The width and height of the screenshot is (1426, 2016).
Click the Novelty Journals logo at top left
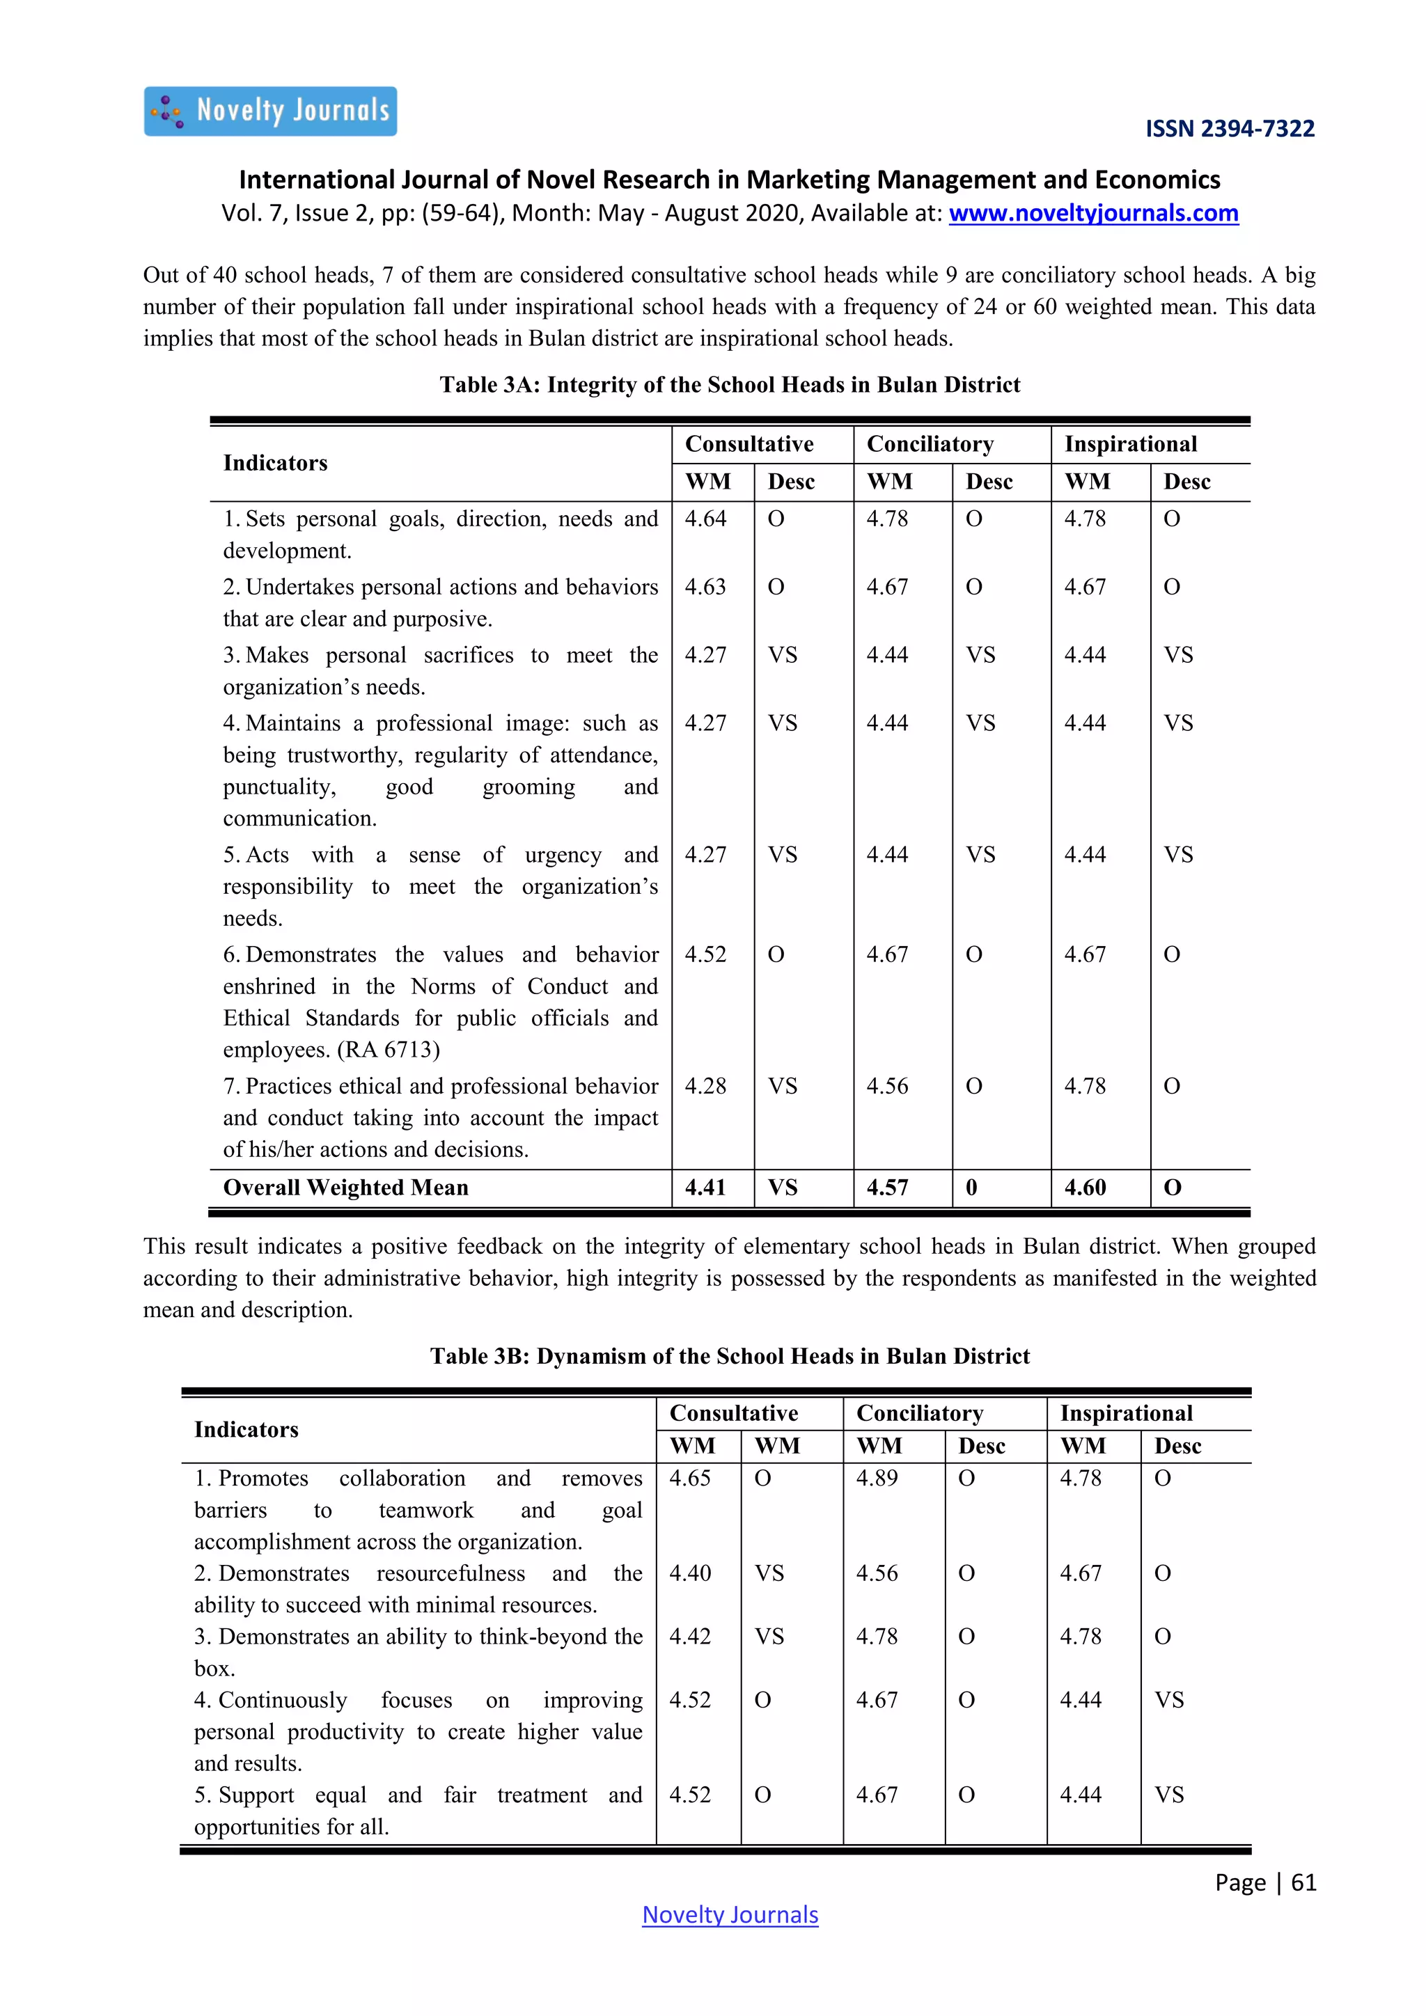coord(270,111)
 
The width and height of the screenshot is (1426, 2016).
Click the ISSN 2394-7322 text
coord(1230,129)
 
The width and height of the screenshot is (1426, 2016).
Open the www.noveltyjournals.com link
coord(1093,214)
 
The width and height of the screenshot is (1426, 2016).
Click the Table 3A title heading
coord(730,384)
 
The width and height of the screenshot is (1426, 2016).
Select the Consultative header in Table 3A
coord(749,444)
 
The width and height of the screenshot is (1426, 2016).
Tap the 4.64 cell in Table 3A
coord(705,519)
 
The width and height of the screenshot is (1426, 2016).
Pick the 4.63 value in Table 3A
coord(705,587)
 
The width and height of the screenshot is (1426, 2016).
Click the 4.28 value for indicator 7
coord(705,1086)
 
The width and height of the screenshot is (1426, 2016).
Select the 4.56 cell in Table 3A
coord(887,1086)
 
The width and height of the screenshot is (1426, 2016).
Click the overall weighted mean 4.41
coord(705,1188)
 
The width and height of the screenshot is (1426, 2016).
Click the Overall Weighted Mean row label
coord(346,1188)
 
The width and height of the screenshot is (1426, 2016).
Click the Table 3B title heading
coord(730,1357)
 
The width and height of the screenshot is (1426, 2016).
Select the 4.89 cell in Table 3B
coord(877,1479)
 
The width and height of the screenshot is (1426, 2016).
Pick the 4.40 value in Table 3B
coord(690,1573)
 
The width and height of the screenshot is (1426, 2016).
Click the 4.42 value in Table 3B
coord(690,1637)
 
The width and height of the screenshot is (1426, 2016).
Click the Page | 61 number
coord(1264,1882)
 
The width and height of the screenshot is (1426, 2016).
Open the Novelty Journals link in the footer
coord(730,1915)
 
